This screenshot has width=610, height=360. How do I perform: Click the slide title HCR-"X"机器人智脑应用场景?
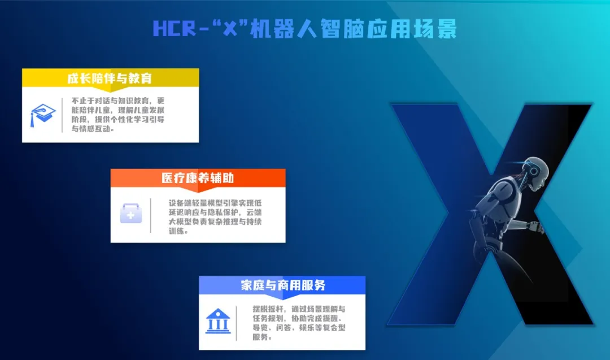pos(304,29)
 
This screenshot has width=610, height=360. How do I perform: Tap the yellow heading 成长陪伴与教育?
pos(110,78)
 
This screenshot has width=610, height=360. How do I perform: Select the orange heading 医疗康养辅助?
pos(198,178)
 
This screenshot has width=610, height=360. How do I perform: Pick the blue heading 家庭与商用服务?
pos(283,285)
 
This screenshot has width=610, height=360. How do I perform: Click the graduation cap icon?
pos(43,115)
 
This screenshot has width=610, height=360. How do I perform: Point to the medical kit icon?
pos(130,213)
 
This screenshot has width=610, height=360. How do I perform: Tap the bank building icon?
pos(218,321)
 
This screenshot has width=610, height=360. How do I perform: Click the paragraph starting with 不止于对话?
pos(118,114)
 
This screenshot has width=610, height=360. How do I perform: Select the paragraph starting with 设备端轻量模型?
pos(215,217)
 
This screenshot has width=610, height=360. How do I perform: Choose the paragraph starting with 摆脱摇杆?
pos(299,323)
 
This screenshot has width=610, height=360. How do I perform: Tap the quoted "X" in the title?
pos(230,28)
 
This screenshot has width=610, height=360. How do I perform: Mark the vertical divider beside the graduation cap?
pos(62,115)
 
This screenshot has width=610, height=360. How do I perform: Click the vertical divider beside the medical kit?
pos(151,215)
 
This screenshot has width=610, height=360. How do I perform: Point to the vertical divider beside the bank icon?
pos(236,323)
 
